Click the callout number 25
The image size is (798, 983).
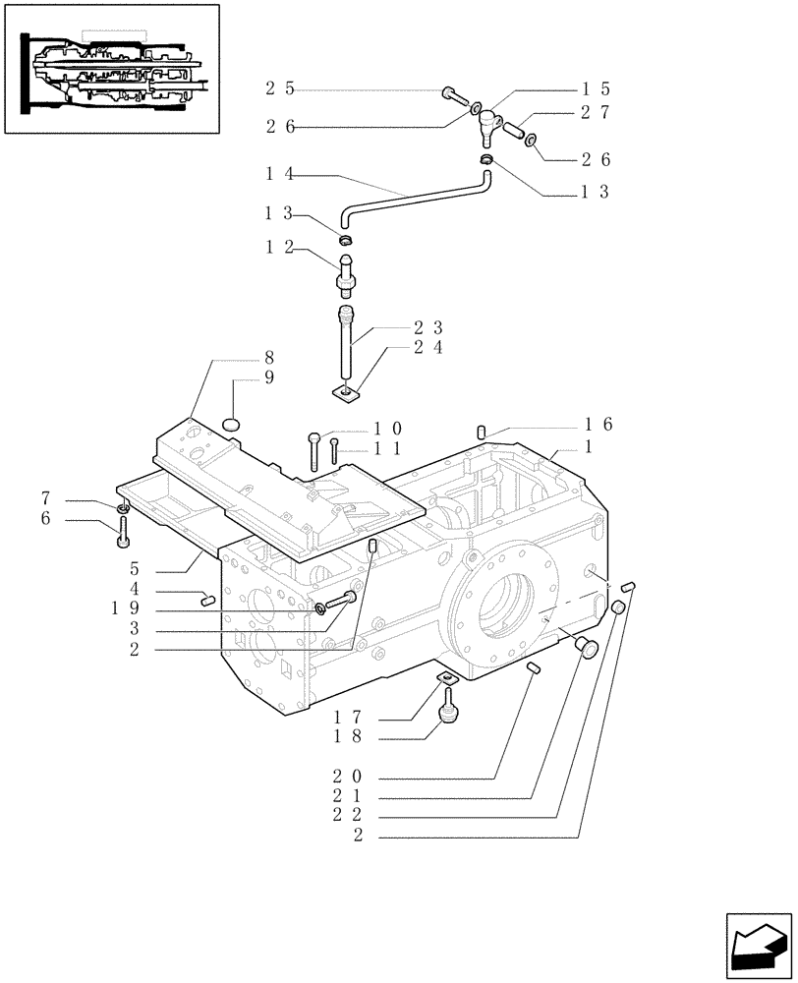click(x=279, y=89)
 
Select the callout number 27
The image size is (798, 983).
click(x=596, y=112)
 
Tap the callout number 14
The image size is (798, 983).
click(x=279, y=174)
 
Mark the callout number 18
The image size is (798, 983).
click(x=349, y=736)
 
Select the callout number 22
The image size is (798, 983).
click(x=349, y=816)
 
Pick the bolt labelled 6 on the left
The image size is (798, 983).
click(x=123, y=532)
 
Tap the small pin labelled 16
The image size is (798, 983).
click(x=483, y=431)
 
